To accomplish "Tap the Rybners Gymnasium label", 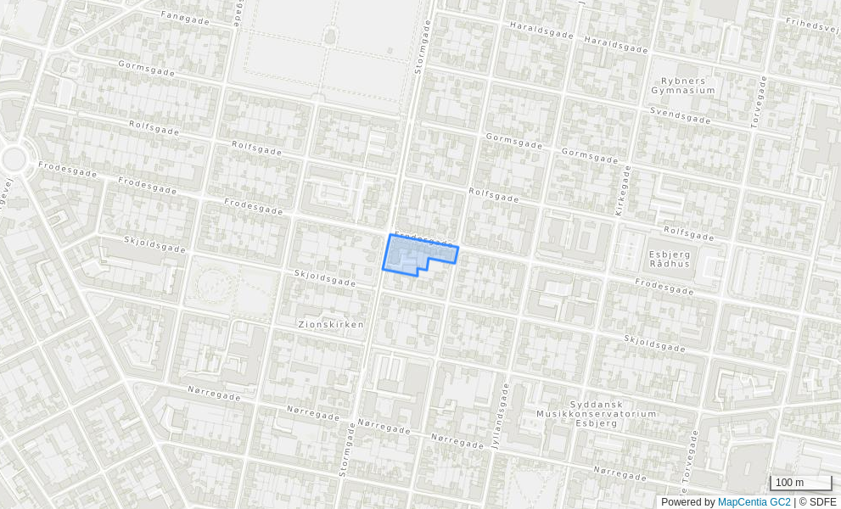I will click(682, 85).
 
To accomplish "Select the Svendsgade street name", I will click(680, 115).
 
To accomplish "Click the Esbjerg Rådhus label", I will click(670, 258).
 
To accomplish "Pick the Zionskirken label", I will click(331, 324).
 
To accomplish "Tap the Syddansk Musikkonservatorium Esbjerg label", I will click(596, 413).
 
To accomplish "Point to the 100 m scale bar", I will click(799, 483).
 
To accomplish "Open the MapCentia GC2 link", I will click(754, 502).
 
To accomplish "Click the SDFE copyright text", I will click(817, 502).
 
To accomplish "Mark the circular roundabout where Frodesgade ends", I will click(14, 159).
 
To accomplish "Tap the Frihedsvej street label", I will click(812, 25).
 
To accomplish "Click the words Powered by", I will click(687, 502).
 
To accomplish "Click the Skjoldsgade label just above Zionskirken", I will click(324, 277).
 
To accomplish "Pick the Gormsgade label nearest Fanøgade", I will click(146, 69).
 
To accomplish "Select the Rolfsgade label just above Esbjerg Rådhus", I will click(689, 232).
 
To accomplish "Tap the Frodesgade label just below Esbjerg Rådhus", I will click(664, 286).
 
